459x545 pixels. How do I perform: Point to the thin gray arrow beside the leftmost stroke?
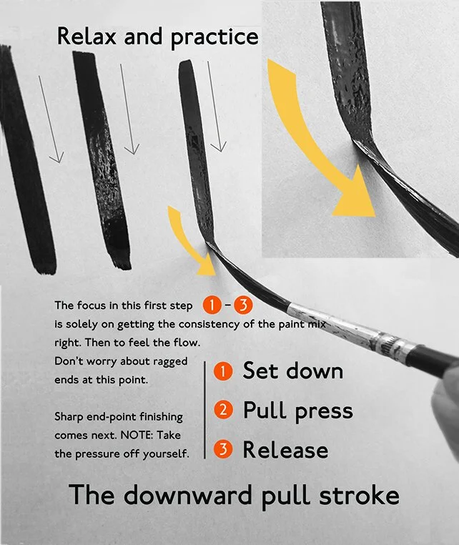point(51,118)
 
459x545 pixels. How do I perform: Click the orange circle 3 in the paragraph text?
point(243,306)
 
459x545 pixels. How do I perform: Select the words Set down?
point(292,371)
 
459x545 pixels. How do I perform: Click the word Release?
point(285,450)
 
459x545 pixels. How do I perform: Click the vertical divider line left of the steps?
point(206,408)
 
